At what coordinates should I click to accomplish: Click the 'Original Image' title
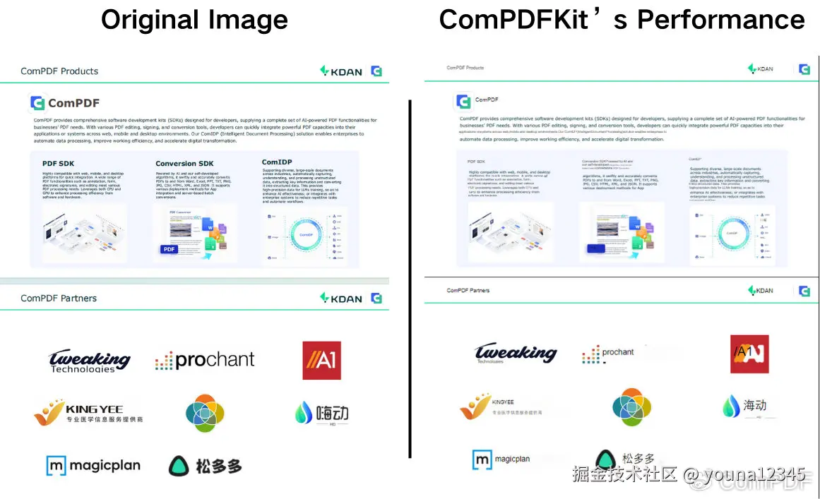click(194, 19)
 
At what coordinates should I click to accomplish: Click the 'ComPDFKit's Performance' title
click(622, 19)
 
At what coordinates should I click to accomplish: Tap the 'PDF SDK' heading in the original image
click(58, 164)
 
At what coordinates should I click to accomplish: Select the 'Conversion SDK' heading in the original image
click(184, 164)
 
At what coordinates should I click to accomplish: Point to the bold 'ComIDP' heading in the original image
click(277, 162)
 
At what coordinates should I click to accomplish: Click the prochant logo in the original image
click(205, 361)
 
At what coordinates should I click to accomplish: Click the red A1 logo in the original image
click(321, 361)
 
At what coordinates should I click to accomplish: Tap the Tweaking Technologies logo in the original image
click(90, 361)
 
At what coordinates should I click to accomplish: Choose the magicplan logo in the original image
click(93, 466)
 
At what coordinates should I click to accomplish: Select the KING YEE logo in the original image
click(88, 412)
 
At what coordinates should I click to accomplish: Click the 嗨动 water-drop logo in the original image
click(321, 413)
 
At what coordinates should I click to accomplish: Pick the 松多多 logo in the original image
click(205, 466)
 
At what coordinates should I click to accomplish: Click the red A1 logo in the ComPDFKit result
click(749, 354)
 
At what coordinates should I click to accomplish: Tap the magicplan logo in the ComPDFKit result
click(501, 460)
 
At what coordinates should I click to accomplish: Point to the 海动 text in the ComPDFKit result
click(754, 406)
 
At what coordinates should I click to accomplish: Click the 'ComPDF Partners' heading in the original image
click(59, 299)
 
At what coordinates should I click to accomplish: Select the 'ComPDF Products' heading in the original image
click(59, 71)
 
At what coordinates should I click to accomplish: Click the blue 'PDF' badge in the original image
click(170, 249)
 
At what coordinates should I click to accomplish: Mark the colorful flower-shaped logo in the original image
click(205, 413)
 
